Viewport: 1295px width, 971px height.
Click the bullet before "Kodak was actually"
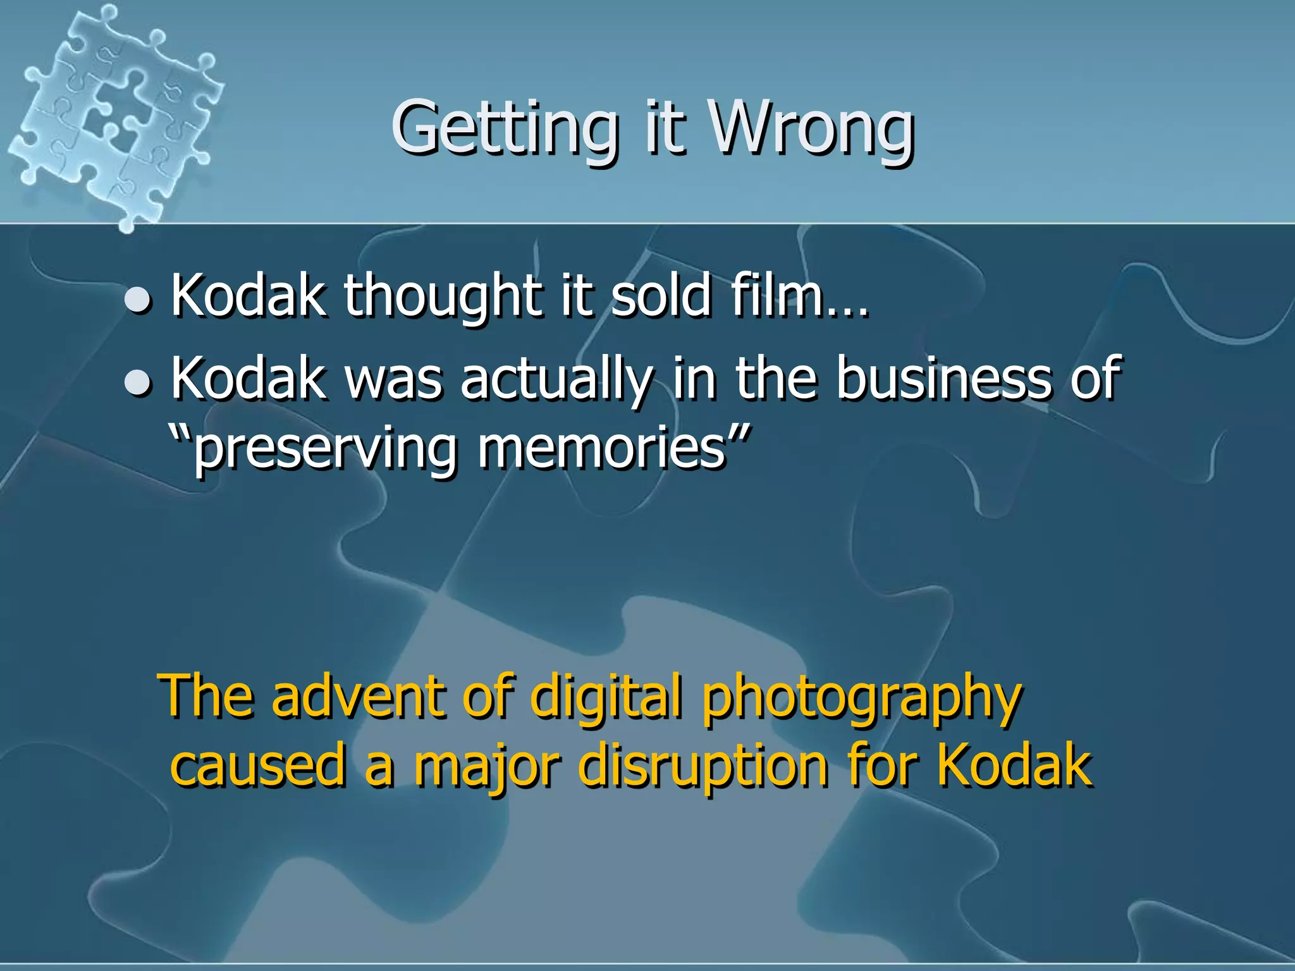pos(138,382)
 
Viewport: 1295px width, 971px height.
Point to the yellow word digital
pos(607,697)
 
